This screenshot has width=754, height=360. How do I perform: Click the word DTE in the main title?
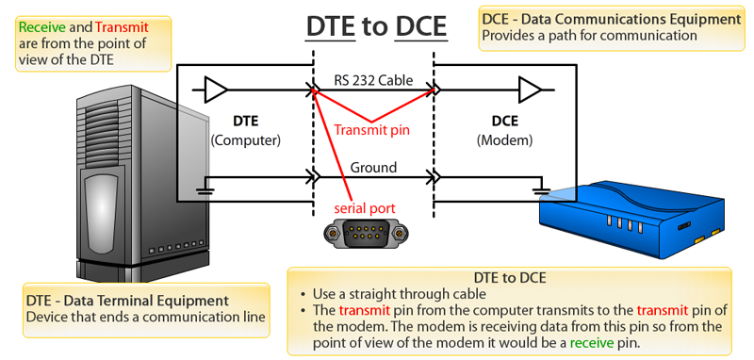click(329, 27)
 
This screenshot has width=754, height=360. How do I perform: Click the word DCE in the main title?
click(420, 27)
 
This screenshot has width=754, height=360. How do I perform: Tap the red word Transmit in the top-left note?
click(121, 28)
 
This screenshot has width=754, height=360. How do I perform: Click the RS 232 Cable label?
click(373, 80)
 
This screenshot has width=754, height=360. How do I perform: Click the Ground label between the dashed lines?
click(373, 168)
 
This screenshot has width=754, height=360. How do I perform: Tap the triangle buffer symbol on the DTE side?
click(215, 90)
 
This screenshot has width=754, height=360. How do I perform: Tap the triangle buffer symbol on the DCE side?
click(530, 90)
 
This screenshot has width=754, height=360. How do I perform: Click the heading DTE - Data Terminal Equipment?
click(127, 301)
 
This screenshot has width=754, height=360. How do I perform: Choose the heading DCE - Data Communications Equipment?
click(610, 19)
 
